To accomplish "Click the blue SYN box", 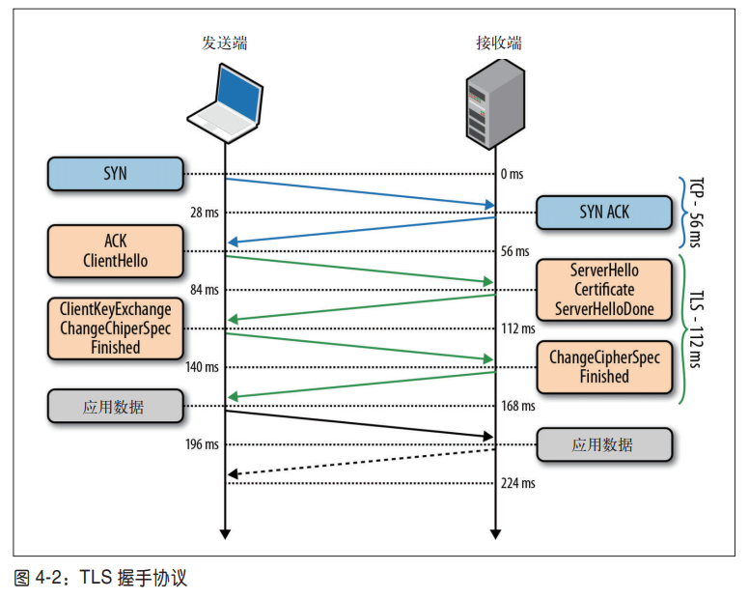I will tap(115, 174).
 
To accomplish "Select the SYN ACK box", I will tap(603, 213).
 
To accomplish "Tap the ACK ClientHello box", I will tap(115, 250).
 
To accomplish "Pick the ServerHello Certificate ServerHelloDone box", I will tap(603, 289).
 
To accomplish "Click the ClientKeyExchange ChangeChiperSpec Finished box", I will tap(115, 328).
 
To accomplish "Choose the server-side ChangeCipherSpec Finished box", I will tap(603, 366).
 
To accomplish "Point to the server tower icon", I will tap(493, 101).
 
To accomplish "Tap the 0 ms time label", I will tap(512, 174).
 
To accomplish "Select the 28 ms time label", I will tap(205, 213).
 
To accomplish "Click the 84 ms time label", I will tap(205, 289).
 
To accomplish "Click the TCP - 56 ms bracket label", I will tap(702, 213).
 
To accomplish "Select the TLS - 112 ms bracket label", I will tap(702, 328).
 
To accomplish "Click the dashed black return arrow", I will tap(359, 462).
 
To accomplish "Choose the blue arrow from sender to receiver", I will tap(359, 191).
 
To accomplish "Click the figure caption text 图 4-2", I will tap(39, 579).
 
